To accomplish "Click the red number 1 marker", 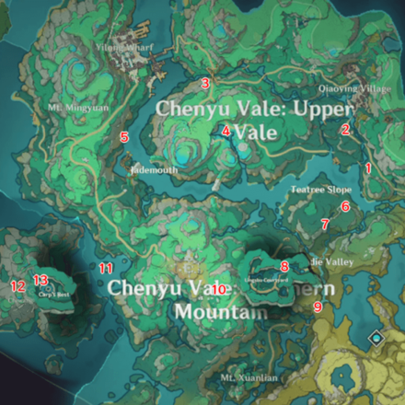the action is pos(368,168).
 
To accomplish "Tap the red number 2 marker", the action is pos(345,130).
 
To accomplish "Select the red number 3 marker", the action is pos(205,84).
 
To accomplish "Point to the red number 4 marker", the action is pos(226,132).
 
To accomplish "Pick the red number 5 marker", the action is pos(124,137).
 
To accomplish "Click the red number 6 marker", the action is pos(345,206).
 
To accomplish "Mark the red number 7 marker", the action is pos(324,224).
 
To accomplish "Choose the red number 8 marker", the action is pos(284,266).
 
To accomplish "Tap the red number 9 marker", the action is pos(318,307).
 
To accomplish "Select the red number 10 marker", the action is pos(220,289).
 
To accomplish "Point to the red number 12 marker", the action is pos(17,286).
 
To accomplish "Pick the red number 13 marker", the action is pos(40,279).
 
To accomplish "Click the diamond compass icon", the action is pos(376,339).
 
